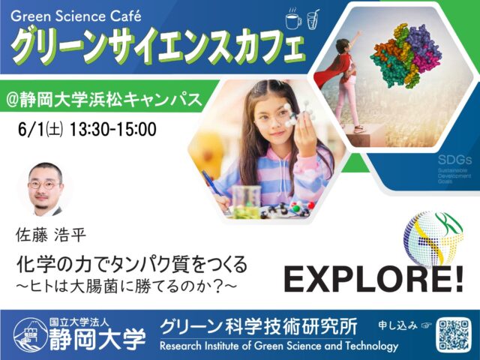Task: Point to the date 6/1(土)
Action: point(40,129)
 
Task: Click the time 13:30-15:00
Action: point(112,129)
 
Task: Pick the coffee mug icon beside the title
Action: point(293,20)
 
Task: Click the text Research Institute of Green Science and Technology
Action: point(278,346)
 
